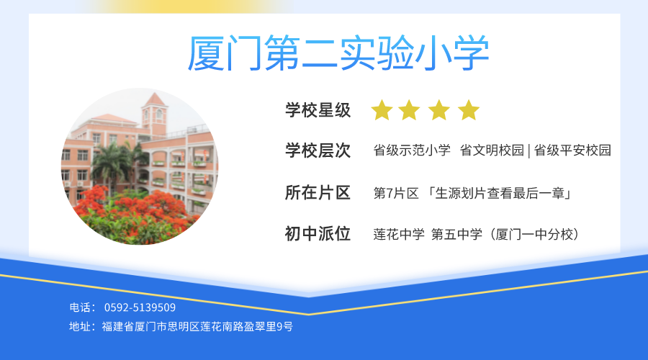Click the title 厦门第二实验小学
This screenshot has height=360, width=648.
(338, 53)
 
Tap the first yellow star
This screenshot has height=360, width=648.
(382, 110)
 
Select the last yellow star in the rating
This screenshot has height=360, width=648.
(469, 110)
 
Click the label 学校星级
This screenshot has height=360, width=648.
(318, 110)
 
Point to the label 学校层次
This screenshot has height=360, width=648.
(318, 150)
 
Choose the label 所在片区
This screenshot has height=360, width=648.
(318, 193)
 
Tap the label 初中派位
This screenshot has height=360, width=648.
(318, 234)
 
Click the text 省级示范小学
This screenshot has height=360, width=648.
(412, 150)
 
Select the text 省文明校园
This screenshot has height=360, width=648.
(492, 150)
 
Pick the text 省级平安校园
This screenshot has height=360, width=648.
(572, 150)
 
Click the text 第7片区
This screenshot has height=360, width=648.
(396, 193)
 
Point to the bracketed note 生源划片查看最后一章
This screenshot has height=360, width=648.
(500, 193)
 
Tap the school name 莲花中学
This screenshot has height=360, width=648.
(399, 234)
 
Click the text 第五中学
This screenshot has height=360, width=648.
(456, 234)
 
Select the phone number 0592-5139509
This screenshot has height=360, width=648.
(140, 307)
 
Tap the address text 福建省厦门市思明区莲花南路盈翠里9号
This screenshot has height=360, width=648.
(197, 327)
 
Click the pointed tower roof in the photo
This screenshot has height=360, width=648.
(155, 99)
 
